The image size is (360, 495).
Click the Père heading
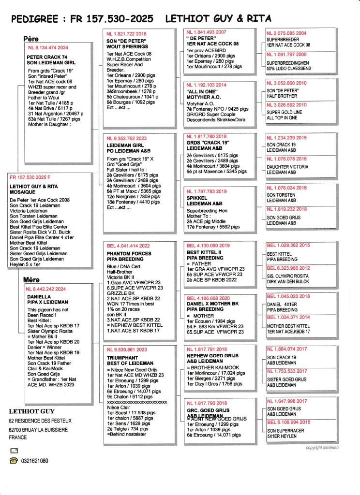[x=31, y=39]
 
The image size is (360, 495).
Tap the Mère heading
[x=31, y=279]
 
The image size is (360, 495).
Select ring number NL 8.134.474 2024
[x=48, y=47]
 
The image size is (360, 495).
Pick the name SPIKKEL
[x=197, y=198]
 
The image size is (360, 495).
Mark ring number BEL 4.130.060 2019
[x=208, y=246]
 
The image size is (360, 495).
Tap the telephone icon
[x=14, y=461]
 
